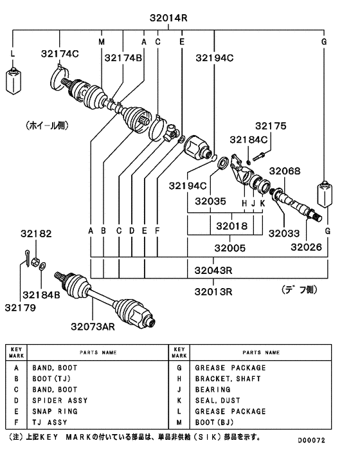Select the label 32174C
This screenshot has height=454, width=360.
pyautogui.click(x=60, y=53)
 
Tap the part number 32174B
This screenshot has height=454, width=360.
pyautogui.click(x=120, y=58)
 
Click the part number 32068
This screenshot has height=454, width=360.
pyautogui.click(x=284, y=171)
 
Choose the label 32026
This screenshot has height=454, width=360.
pyautogui.click(x=306, y=246)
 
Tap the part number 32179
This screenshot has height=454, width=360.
pyautogui.click(x=22, y=307)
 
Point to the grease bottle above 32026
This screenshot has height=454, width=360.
pyautogui.click(x=324, y=194)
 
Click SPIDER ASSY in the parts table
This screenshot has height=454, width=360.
pyautogui.click(x=60, y=401)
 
